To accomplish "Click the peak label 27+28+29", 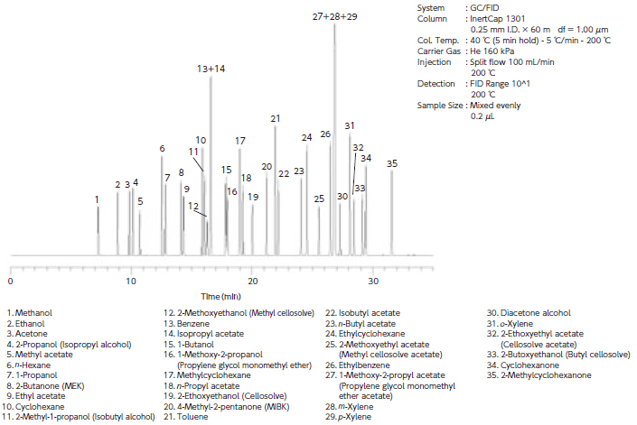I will point(334,16).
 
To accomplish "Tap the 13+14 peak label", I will point(211,69).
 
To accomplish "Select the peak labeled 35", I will point(391,163).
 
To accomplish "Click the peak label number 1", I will point(97,199).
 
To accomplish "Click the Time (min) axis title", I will point(220,295).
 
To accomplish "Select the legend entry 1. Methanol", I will point(30,312).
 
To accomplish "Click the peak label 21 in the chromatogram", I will point(275,118).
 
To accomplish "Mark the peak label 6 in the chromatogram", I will point(162,148).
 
